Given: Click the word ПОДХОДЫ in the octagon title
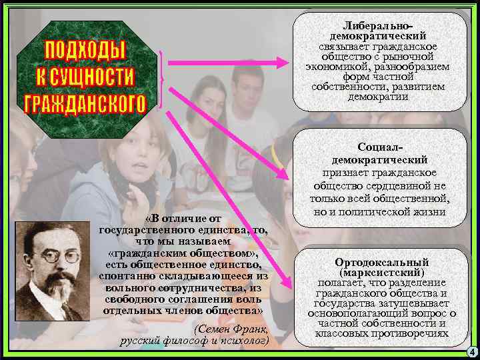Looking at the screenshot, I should click(85, 49).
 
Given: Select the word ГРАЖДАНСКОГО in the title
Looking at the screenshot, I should click(85, 103).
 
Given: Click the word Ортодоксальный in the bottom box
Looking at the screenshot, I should click(382, 263).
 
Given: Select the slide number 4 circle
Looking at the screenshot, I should click(471, 352).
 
